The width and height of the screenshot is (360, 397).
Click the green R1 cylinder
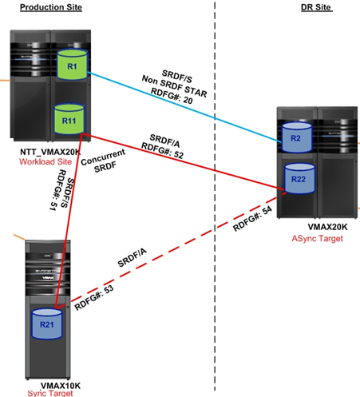(x=72, y=64)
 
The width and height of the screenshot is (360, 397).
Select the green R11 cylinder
(x=69, y=119)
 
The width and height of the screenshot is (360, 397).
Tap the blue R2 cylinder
(x=297, y=137)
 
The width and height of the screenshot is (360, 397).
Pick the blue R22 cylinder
(x=299, y=179)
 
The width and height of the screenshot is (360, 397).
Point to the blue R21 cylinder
(x=47, y=324)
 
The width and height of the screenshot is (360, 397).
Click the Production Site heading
(x=51, y=7)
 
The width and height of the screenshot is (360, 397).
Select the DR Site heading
(x=316, y=7)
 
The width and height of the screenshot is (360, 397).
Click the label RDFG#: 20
(x=172, y=96)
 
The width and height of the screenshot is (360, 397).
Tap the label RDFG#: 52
(x=162, y=151)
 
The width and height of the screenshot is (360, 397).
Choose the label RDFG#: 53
(x=94, y=297)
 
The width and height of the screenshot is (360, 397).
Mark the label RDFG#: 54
(x=252, y=219)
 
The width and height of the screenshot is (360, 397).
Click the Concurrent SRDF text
(x=104, y=161)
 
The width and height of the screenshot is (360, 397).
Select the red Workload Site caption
(x=45, y=161)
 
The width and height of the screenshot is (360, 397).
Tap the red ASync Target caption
(x=318, y=238)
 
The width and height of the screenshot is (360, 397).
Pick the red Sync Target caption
(x=50, y=393)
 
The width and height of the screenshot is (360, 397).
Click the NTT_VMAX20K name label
(x=50, y=152)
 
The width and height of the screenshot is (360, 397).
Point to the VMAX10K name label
(x=61, y=386)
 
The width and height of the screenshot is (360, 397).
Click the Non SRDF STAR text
(x=174, y=86)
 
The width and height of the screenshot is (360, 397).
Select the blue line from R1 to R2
(x=184, y=107)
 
